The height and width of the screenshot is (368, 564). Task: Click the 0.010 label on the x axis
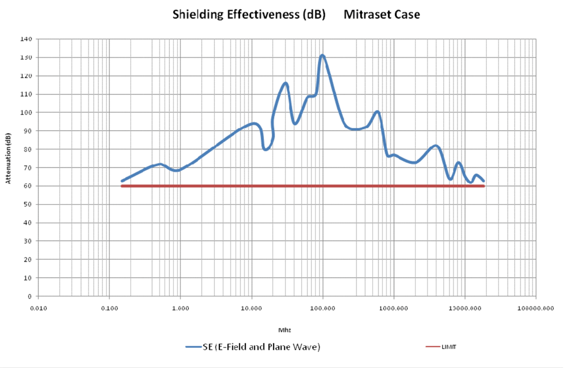38,308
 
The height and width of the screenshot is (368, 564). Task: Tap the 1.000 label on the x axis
180,308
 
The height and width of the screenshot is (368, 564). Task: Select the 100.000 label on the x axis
323,308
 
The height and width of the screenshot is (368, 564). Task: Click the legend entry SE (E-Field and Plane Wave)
254,347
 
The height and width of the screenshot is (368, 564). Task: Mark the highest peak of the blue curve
322,55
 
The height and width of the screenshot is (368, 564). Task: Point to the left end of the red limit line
122,186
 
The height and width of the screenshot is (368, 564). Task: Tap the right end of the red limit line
484,186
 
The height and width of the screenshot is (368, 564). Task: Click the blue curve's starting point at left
122,181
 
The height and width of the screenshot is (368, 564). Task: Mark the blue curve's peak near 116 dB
286,83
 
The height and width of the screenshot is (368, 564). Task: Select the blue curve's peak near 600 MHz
377,112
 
